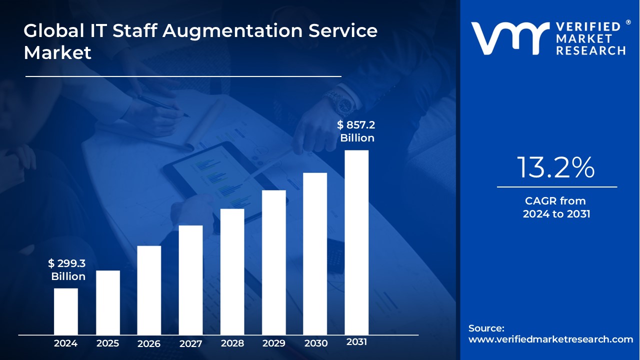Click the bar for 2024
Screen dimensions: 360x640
pyautogui.click(x=65, y=311)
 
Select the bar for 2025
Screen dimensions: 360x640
pyautogui.click(x=107, y=302)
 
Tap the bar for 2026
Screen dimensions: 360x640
pyautogui.click(x=149, y=290)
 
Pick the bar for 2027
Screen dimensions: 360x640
pyautogui.click(x=190, y=279)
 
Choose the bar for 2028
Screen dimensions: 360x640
pyautogui.click(x=232, y=271)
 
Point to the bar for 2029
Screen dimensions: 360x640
pyautogui.click(x=273, y=262)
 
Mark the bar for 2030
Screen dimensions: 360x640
pyautogui.click(x=315, y=253)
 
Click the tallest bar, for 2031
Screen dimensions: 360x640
pyautogui.click(x=356, y=242)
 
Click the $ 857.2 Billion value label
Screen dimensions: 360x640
pyautogui.click(x=356, y=131)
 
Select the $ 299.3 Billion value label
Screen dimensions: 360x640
pyautogui.click(x=67, y=270)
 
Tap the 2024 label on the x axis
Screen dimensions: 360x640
pyautogui.click(x=65, y=343)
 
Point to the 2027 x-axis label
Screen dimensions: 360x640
pyautogui.click(x=190, y=343)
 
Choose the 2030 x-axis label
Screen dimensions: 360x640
pyautogui.click(x=315, y=343)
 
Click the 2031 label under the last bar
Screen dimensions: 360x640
pyautogui.click(x=356, y=342)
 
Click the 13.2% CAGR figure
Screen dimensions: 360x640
pyautogui.click(x=556, y=167)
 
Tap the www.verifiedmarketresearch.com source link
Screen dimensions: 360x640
pyautogui.click(x=550, y=339)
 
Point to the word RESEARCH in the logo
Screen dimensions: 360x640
pyautogui.click(x=591, y=50)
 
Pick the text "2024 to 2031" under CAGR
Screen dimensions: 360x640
pyautogui.click(x=556, y=214)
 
